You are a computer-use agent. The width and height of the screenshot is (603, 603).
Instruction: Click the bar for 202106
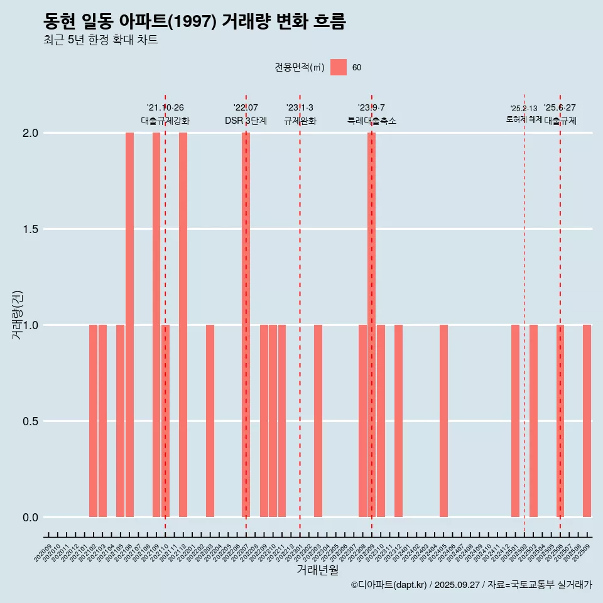tap(129, 325)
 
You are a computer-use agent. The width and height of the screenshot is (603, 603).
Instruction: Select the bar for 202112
tap(183, 325)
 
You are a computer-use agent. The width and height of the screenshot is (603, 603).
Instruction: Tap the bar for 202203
tap(210, 421)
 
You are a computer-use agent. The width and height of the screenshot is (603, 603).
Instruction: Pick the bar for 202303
tap(318, 421)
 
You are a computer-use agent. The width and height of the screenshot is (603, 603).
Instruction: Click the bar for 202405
tap(444, 421)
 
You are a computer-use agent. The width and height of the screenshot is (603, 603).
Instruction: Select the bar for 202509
tap(587, 421)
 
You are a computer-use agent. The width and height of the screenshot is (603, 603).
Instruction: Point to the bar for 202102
tap(94, 421)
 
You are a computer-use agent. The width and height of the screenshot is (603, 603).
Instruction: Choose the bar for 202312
tap(399, 421)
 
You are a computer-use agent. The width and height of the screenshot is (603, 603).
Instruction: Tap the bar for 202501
tap(516, 421)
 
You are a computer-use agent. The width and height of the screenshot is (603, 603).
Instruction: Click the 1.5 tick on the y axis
tap(30, 229)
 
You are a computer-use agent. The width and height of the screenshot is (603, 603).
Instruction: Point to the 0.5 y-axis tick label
tap(30, 421)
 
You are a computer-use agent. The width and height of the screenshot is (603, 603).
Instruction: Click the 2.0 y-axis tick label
tap(30, 133)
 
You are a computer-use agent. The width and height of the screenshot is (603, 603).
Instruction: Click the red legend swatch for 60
tap(339, 67)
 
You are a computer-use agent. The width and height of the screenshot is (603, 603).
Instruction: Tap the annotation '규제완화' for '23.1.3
tap(300, 121)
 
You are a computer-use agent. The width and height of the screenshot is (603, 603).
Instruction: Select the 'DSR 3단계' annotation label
tap(246, 121)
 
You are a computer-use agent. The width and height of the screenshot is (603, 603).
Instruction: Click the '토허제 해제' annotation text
tap(524, 119)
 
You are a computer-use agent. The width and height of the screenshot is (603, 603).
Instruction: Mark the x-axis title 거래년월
tap(318, 570)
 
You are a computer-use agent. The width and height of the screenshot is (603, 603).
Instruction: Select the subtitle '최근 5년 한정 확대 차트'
tap(100, 40)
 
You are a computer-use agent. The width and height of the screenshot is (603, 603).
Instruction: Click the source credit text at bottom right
tap(471, 585)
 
